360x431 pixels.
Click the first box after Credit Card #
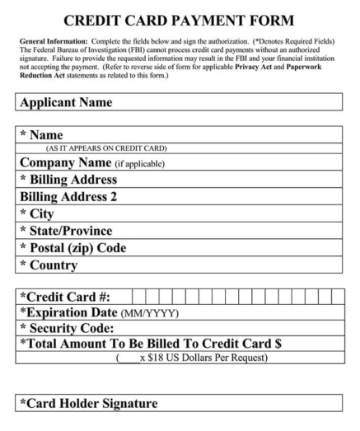point(139,296)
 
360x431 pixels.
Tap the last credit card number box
point(337,296)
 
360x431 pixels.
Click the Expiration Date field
point(272,312)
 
